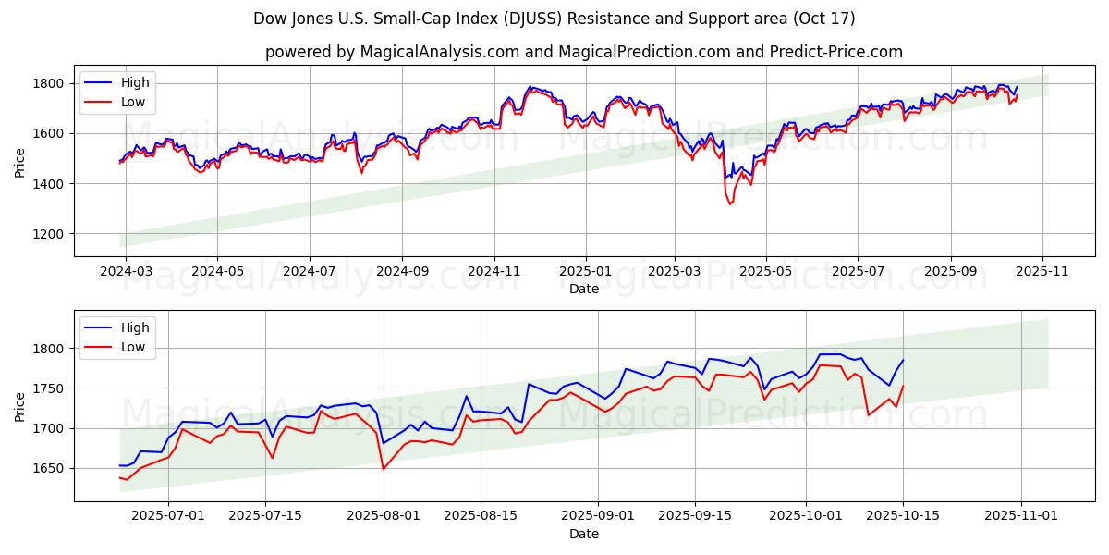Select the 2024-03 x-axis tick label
pyautogui.click(x=126, y=272)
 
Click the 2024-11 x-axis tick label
pyautogui.click(x=494, y=272)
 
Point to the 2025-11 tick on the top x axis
pyautogui.click(x=1042, y=272)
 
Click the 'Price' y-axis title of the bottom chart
pyautogui.click(x=20, y=406)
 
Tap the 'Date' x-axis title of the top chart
pyautogui.click(x=583, y=289)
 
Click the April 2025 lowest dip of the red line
pyautogui.click(x=730, y=203)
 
